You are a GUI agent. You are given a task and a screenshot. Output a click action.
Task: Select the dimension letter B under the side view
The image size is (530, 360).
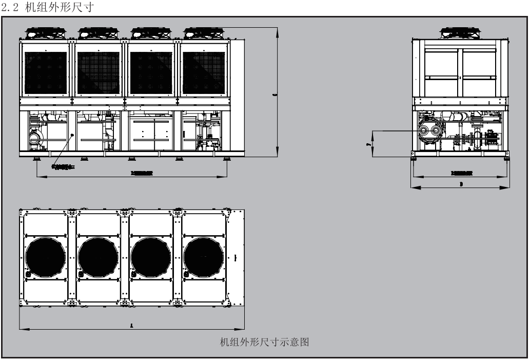[x=460, y=183]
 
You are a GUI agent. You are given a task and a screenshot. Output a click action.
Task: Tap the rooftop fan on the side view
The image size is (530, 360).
[x=460, y=33]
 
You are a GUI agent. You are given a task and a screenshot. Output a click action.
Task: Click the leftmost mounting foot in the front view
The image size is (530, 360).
[x=37, y=158]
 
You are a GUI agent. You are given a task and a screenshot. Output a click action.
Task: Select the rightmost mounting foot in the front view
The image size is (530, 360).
[x=226, y=158]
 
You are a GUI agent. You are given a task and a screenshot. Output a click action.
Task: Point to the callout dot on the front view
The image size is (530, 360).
[x=73, y=134]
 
